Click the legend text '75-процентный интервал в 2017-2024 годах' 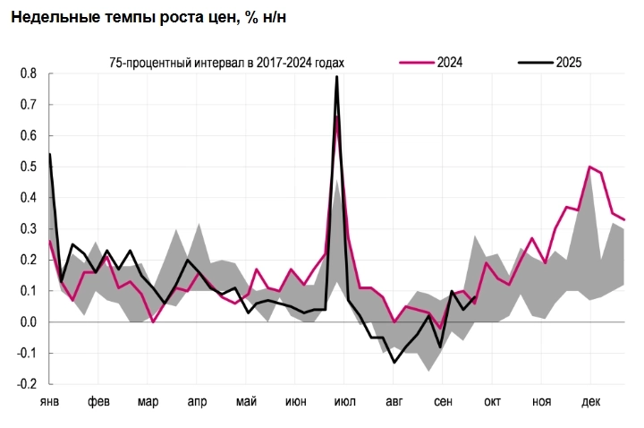tap(220, 62)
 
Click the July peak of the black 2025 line tap(336, 77)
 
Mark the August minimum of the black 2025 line tap(394, 362)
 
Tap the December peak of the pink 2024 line tap(589, 167)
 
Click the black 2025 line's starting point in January tap(49, 154)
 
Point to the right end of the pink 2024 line tap(624, 219)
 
